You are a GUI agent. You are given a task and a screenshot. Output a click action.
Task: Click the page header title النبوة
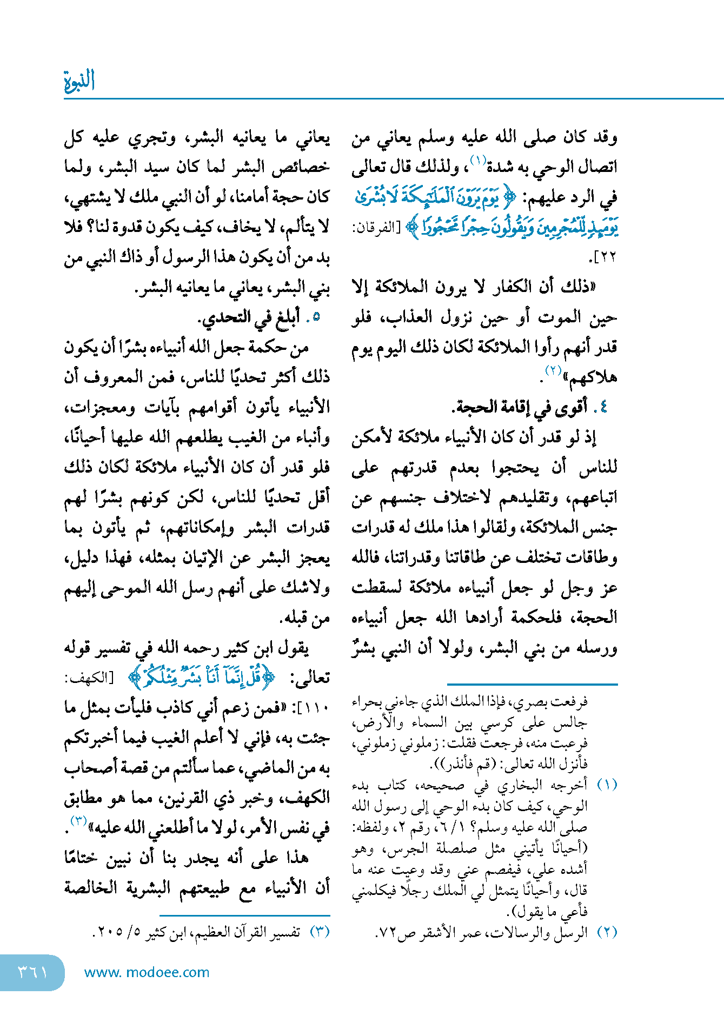79,81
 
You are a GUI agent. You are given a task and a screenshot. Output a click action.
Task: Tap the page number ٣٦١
32,972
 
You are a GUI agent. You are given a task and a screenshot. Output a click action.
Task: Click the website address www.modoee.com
147,972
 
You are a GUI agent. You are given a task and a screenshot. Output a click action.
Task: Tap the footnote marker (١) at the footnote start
607,785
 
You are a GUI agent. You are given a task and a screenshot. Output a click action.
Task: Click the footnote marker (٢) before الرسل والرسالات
607,932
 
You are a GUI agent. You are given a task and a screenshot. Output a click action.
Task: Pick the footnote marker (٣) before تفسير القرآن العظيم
320,932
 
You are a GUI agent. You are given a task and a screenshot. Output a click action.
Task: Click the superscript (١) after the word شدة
478,160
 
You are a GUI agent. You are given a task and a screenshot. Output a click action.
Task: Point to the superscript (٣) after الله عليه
79,821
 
